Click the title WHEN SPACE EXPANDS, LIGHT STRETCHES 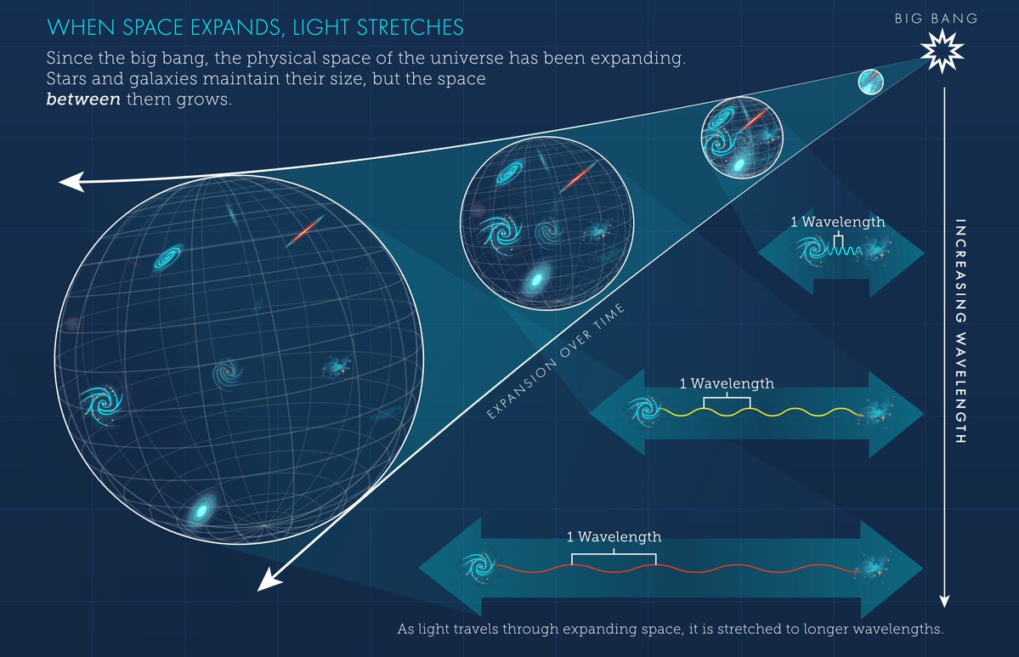(255, 27)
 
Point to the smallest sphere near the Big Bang (870, 82)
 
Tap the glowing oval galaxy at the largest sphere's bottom (201, 510)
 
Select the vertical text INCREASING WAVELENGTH (961, 332)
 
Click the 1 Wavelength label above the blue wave (837, 222)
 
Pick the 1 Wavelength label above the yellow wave (727, 383)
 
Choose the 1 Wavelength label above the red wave (614, 537)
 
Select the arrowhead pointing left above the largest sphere (70, 182)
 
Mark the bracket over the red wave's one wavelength (614, 557)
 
